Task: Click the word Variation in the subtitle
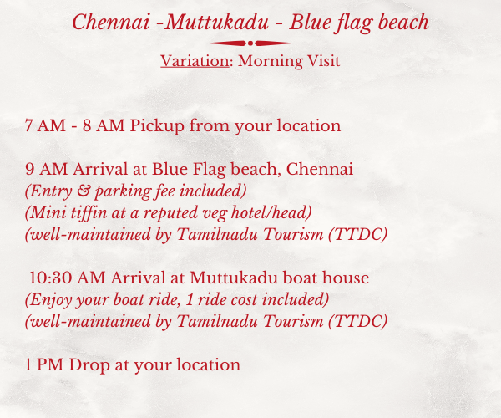click(x=195, y=60)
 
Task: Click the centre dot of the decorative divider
click(x=250, y=43)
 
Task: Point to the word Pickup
click(x=157, y=126)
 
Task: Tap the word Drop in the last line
click(x=89, y=365)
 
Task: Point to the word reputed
click(x=170, y=213)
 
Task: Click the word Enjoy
click(x=49, y=300)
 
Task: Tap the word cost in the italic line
click(x=244, y=300)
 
